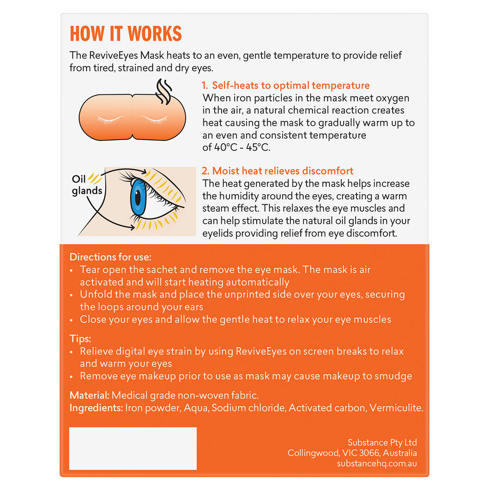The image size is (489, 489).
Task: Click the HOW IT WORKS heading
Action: tap(126, 33)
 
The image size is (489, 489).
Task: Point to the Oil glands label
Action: tap(87, 185)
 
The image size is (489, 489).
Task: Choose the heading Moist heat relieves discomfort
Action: tap(277, 171)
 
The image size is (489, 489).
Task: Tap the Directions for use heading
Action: tap(110, 257)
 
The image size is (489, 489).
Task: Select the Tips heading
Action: tap(80, 338)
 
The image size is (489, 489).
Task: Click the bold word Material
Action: tap(90, 395)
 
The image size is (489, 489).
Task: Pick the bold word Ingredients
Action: tap(96, 408)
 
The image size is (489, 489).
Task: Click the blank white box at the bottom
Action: tap(133, 448)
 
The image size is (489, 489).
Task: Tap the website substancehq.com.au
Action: tap(377, 464)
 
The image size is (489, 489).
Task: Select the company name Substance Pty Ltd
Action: tap(382, 442)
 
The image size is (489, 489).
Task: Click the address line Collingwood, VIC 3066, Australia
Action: tap(352, 453)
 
